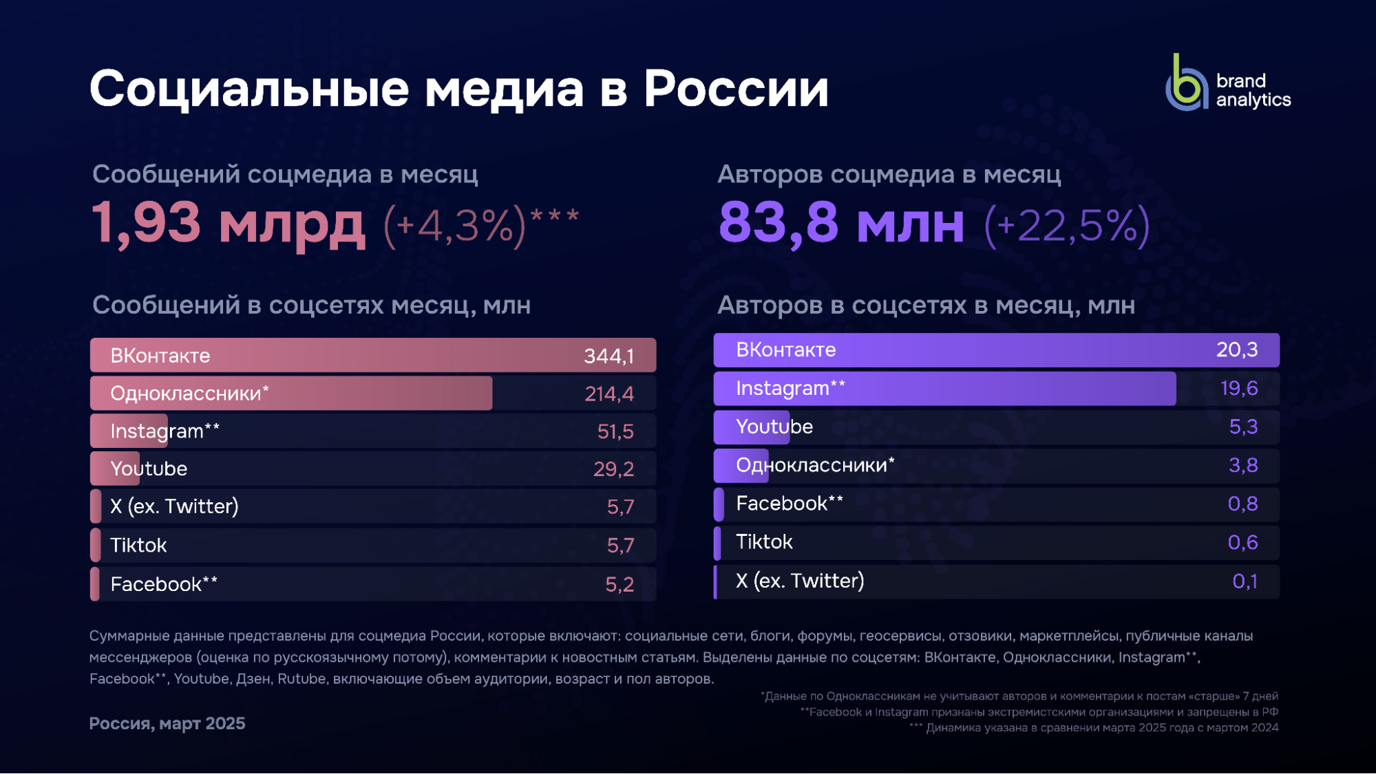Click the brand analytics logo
click(x=1227, y=84)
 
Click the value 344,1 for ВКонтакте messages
click(x=608, y=356)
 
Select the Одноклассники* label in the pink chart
click(x=189, y=394)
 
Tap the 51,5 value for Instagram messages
click(x=615, y=431)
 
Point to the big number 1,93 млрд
click(x=227, y=224)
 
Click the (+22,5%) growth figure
click(x=1066, y=226)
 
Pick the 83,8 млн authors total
click(x=840, y=224)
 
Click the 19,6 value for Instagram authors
click(x=1238, y=389)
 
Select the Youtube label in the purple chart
click(x=774, y=427)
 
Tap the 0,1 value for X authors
click(x=1245, y=582)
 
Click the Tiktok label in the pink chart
click(x=138, y=546)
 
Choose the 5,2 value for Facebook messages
click(x=619, y=585)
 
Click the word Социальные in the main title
click(x=249, y=89)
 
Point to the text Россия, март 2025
click(x=167, y=724)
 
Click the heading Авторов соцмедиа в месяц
click(x=889, y=175)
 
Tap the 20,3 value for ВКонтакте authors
click(x=1236, y=350)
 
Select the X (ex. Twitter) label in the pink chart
click(x=174, y=507)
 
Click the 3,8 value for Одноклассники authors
click(x=1242, y=466)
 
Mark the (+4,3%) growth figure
click(x=454, y=226)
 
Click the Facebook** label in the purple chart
click(x=789, y=504)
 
